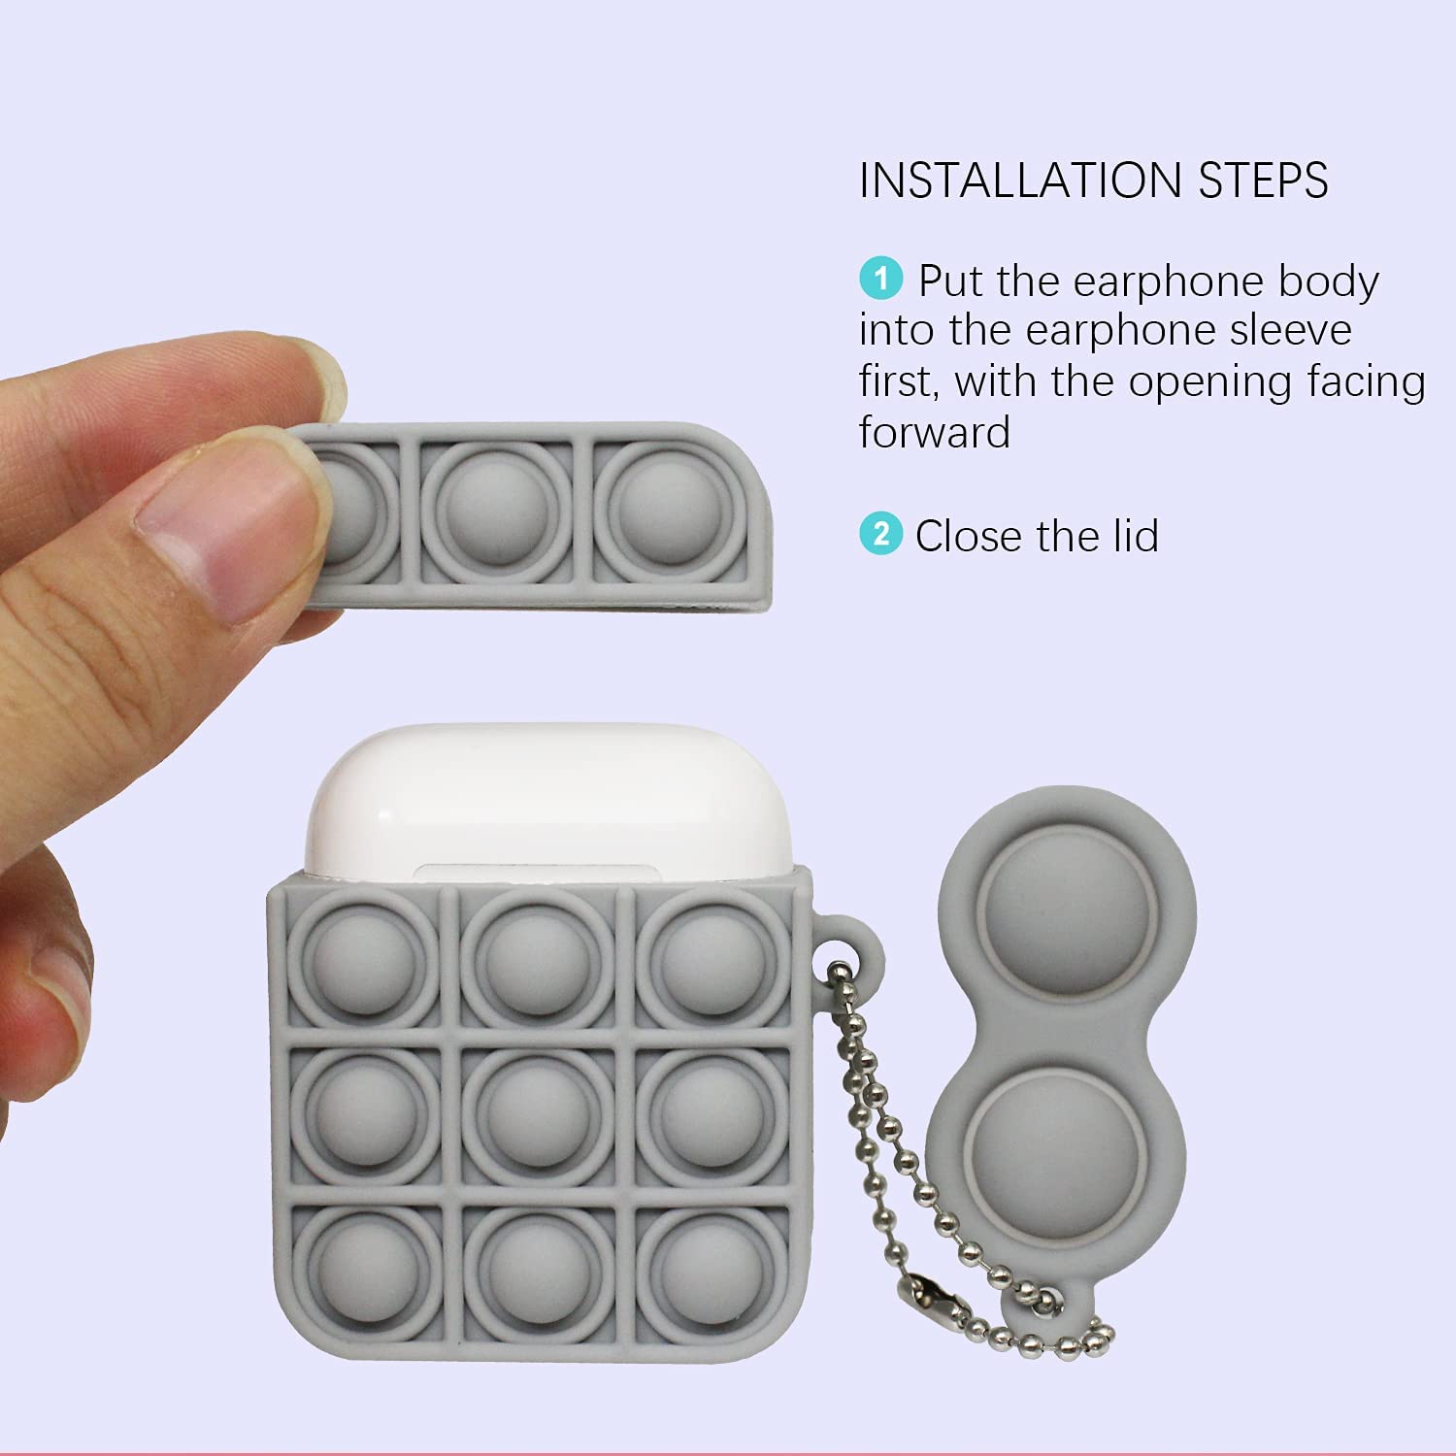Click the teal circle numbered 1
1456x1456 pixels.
pyautogui.click(x=880, y=280)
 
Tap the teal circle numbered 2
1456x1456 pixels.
pyautogui.click(x=880, y=534)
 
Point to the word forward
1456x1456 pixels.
pyautogui.click(x=935, y=431)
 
